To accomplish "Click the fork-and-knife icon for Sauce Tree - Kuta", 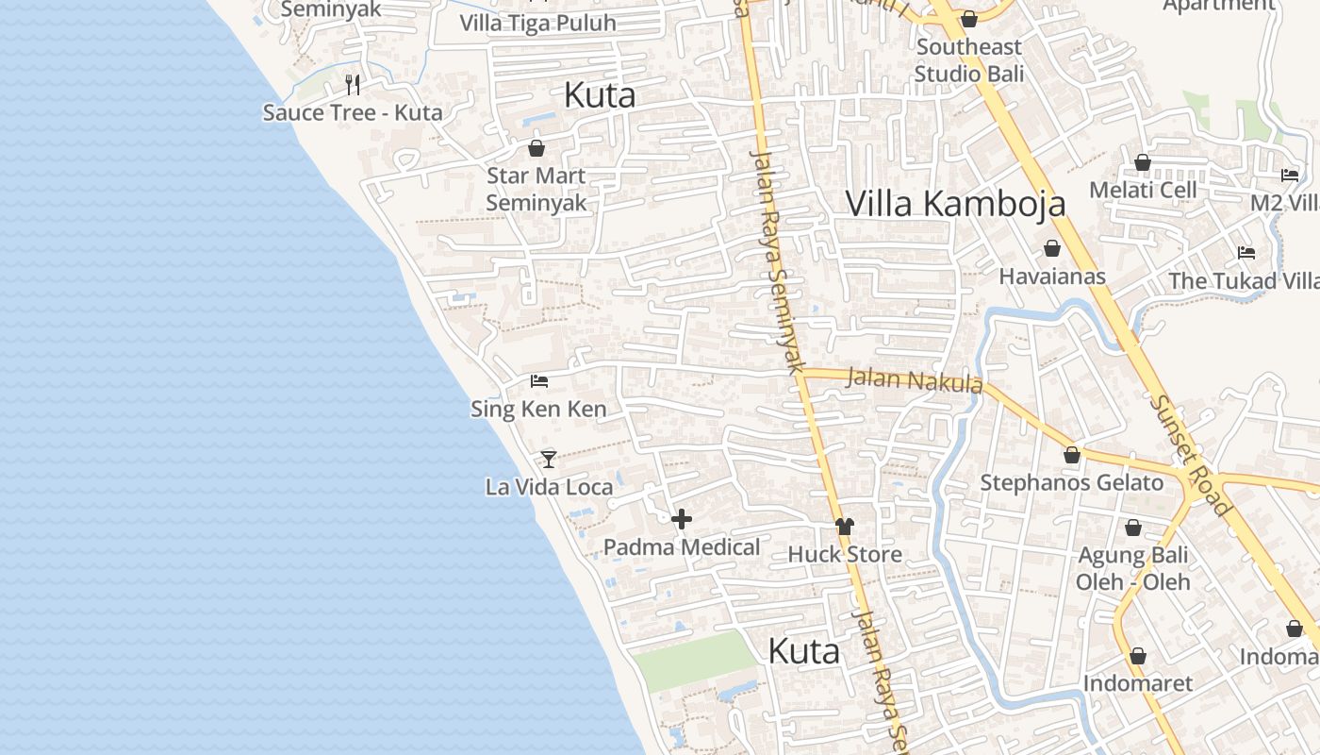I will coord(353,85).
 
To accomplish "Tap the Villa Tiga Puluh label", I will coord(537,24).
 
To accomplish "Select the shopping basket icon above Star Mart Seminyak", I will coord(536,148).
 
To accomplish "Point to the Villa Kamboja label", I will coord(955,203).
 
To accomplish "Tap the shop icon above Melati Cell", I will coord(1143,162).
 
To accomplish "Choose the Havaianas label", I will coord(1051,277).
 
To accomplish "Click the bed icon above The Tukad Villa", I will coord(1246,253).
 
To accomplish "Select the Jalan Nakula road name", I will coord(914,380).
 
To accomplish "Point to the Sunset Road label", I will coord(1190,455).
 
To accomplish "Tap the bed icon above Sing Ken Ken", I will coord(539,381).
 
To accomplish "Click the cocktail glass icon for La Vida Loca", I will coord(549,460).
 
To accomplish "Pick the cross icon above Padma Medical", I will coord(682,519).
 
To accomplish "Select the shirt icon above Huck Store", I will coord(844,527).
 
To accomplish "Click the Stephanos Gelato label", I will coord(1072,483).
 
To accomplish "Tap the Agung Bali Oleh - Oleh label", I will coord(1133,568).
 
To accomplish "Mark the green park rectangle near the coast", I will coord(695,660).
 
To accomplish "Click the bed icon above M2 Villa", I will coord(1289,176).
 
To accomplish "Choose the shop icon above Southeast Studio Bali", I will coord(968,19).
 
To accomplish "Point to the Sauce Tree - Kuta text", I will coord(353,112).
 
